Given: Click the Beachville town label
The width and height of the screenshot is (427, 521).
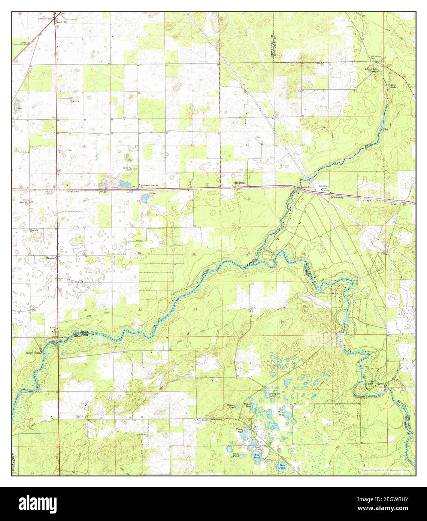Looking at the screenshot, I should (x=62, y=22).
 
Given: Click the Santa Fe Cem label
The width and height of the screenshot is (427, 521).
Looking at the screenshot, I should (x=127, y=169).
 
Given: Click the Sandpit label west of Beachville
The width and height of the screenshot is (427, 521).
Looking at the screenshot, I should (x=25, y=43).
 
